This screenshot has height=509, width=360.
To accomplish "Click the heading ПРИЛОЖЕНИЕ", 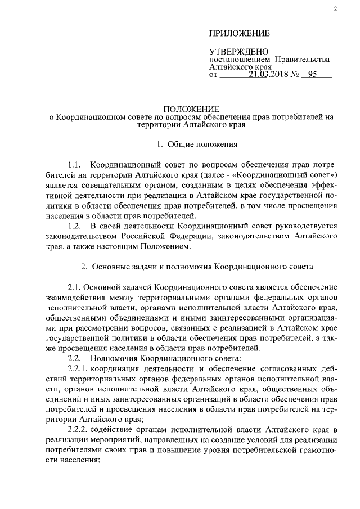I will (x=239, y=34).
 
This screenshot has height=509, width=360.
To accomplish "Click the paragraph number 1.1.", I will (x=75, y=165).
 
